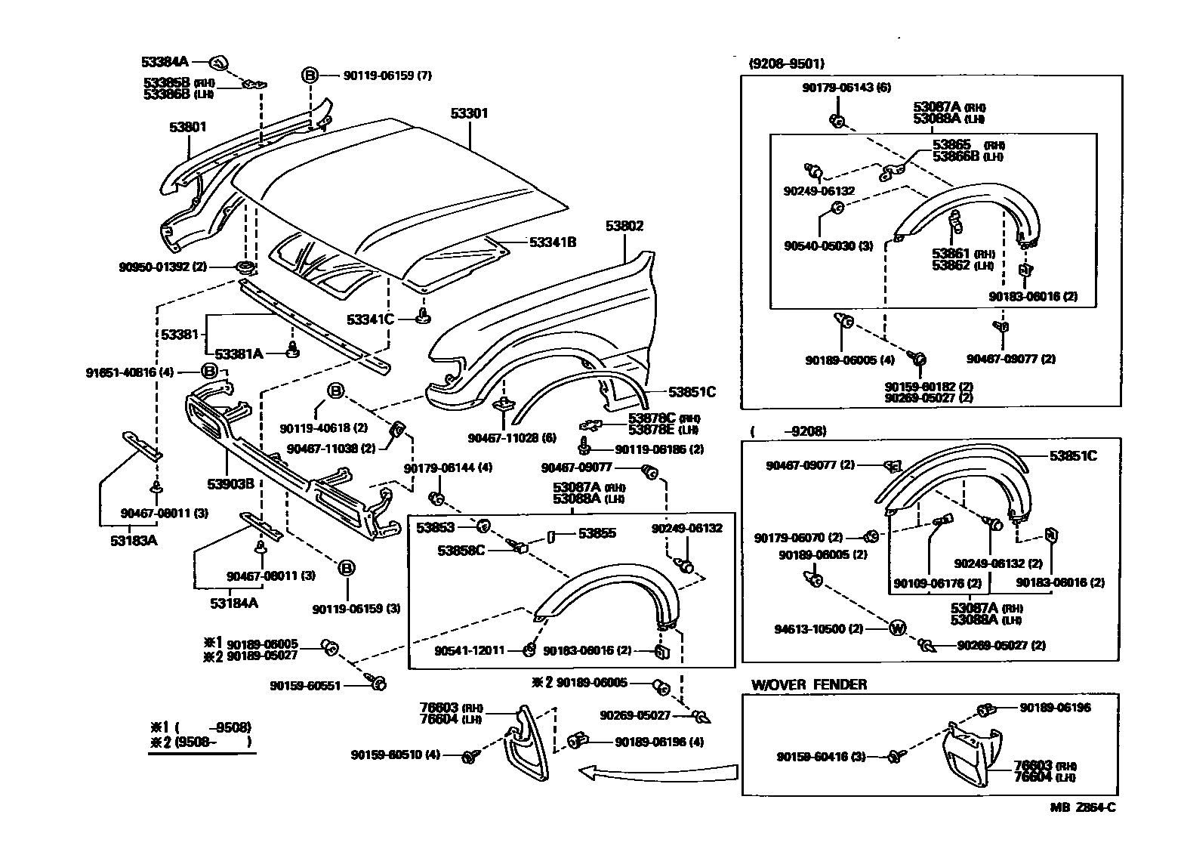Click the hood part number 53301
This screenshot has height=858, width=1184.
click(x=469, y=113)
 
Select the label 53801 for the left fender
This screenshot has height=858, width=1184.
click(x=187, y=128)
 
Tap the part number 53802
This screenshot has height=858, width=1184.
click(x=624, y=226)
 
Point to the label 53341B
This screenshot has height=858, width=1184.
click(x=553, y=242)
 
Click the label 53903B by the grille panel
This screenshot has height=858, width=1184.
click(x=231, y=483)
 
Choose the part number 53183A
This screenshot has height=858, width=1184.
click(x=134, y=541)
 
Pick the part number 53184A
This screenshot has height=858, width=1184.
click(x=235, y=603)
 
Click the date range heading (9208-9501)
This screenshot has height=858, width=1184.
click(x=786, y=64)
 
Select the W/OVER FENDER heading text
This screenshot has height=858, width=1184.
click(x=809, y=684)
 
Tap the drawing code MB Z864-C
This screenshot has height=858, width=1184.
click(x=1082, y=807)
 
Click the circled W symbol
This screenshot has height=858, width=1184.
click(x=897, y=628)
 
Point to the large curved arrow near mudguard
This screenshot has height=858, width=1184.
click(x=657, y=772)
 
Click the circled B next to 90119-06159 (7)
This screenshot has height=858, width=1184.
click(x=310, y=75)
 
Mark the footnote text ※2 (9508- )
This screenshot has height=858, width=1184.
click(x=200, y=742)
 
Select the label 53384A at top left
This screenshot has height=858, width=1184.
click(x=165, y=61)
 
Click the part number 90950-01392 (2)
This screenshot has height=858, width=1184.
click(x=162, y=267)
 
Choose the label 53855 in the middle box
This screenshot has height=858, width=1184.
click(x=597, y=533)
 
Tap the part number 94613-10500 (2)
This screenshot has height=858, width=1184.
click(x=819, y=628)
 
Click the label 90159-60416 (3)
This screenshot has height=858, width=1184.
click(x=821, y=756)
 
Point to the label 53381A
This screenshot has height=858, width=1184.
click(x=239, y=353)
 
